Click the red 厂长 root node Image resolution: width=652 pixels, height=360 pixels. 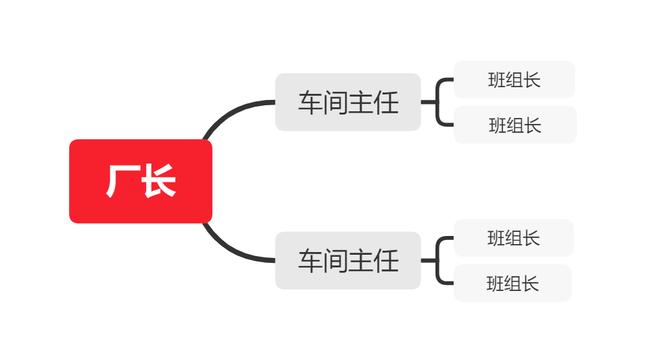141,181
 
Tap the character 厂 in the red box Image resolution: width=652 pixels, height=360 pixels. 121,181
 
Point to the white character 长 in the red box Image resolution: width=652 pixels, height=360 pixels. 159,181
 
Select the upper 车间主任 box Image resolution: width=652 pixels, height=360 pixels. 348,102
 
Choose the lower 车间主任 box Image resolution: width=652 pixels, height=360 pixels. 348,260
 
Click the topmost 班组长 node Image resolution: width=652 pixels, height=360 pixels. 514,80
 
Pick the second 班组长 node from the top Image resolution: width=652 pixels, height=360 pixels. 515,125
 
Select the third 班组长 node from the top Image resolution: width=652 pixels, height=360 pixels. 513,238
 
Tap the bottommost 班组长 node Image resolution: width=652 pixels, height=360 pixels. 513,283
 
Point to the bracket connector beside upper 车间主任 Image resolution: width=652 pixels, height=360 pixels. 438,102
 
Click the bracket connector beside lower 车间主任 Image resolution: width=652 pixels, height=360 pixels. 438,260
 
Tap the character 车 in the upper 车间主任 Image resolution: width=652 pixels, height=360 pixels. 310,103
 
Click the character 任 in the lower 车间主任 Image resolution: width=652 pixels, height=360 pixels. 386,261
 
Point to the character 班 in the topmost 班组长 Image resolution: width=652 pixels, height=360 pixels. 497,80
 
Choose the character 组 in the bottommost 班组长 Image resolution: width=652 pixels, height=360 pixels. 513,284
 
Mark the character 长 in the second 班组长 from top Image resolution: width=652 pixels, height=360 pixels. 533,125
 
